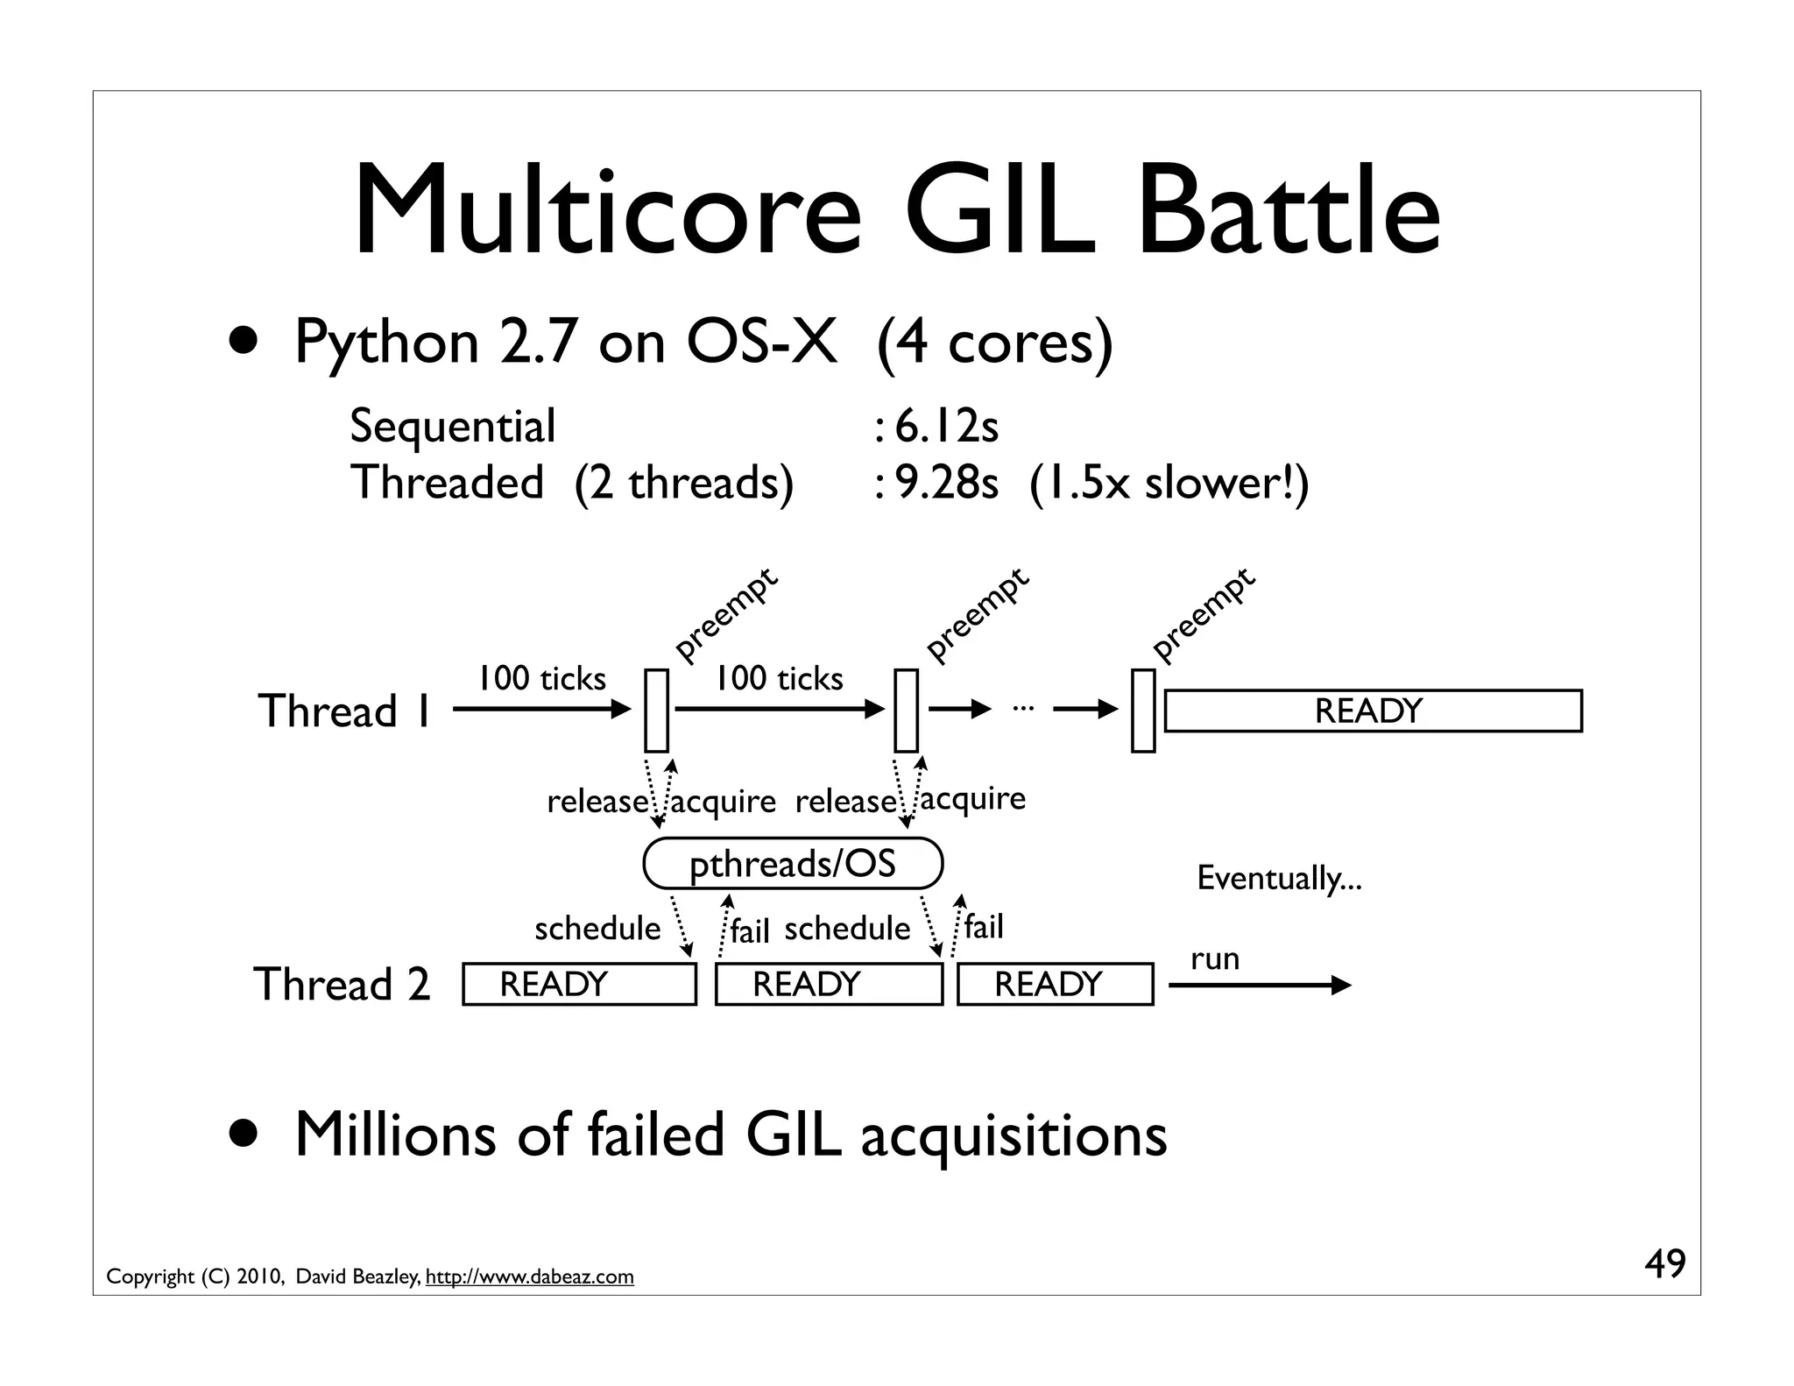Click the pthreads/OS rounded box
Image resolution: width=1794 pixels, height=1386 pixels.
coord(793,864)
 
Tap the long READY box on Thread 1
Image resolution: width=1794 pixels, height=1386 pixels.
coord(1372,711)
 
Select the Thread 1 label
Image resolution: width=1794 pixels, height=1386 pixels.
coord(344,711)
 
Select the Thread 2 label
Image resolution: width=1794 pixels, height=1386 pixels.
coord(342,984)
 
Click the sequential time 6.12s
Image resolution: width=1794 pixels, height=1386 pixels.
coord(946,427)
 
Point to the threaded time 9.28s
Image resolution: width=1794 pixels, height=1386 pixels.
coord(946,483)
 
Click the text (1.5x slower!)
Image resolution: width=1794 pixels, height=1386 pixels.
coord(1169,483)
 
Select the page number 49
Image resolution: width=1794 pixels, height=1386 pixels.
coord(1664,1264)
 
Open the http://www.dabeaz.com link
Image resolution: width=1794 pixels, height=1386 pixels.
coord(529,1277)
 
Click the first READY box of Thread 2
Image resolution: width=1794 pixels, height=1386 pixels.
coord(579,984)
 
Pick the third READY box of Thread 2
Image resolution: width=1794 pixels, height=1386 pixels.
coord(1055,984)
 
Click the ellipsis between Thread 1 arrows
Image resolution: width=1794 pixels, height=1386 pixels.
coord(1022,706)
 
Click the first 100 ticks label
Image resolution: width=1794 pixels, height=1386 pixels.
coord(541,678)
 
